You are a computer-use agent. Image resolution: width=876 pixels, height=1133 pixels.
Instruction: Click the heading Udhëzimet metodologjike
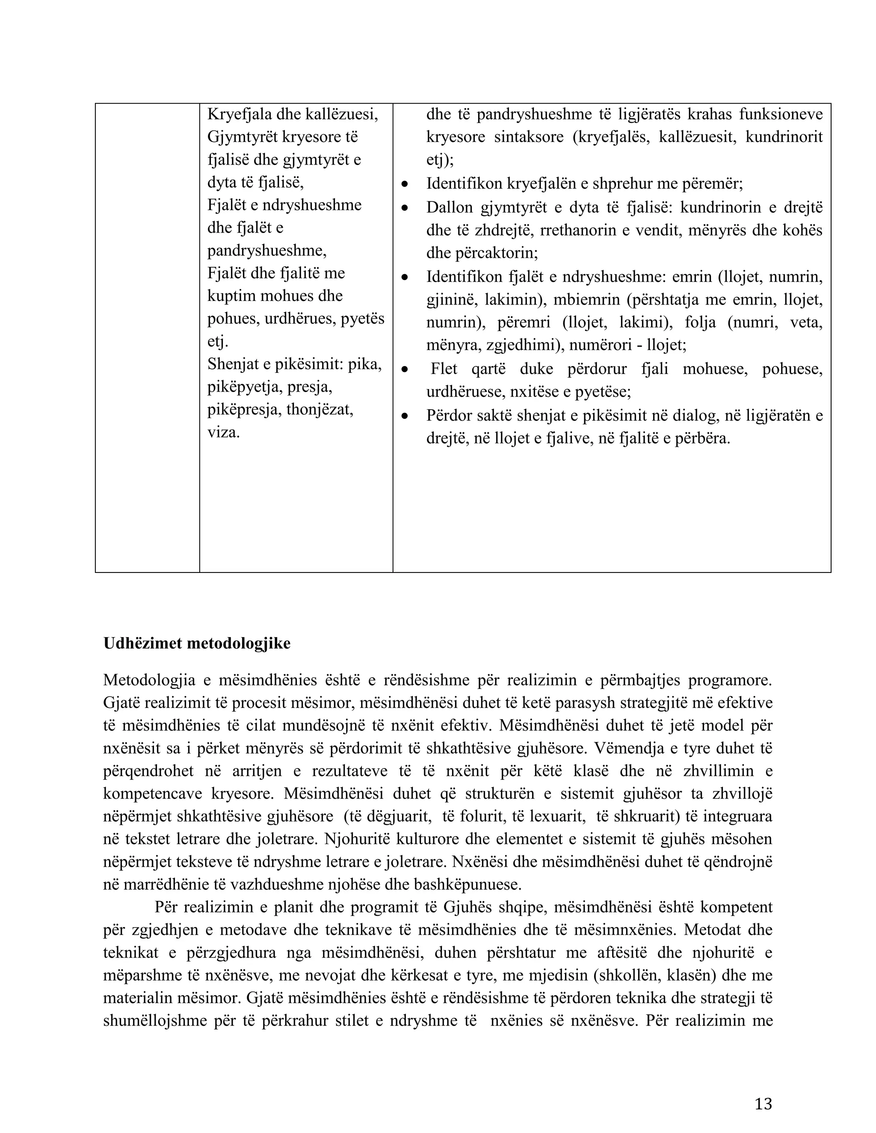coord(197,643)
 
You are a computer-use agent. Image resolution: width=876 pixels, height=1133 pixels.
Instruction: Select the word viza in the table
coord(224,432)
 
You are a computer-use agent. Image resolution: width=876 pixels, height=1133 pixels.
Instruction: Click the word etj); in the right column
coord(440,160)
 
